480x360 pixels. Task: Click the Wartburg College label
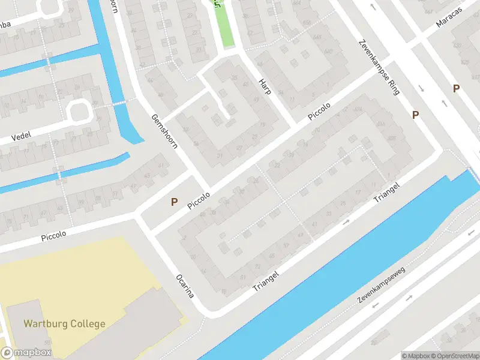click(x=64, y=324)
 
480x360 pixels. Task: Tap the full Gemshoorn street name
click(x=164, y=132)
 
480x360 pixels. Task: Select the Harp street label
click(x=265, y=87)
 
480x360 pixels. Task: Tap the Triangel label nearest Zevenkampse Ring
click(x=387, y=191)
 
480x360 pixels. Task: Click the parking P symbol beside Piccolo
click(x=174, y=202)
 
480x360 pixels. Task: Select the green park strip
click(x=225, y=24)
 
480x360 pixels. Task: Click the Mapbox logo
click(x=26, y=353)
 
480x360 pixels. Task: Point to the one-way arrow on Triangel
click(x=346, y=223)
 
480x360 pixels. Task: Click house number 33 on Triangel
click(x=328, y=214)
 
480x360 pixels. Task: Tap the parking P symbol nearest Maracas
click(x=456, y=89)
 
